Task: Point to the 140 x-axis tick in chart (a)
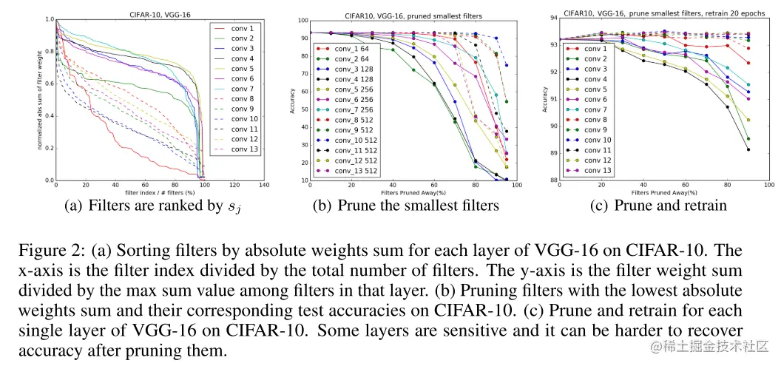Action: coord(263,185)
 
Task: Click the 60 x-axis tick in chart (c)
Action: coord(686,186)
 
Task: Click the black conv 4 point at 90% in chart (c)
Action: coord(748,150)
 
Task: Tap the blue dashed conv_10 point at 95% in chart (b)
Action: coord(506,66)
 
